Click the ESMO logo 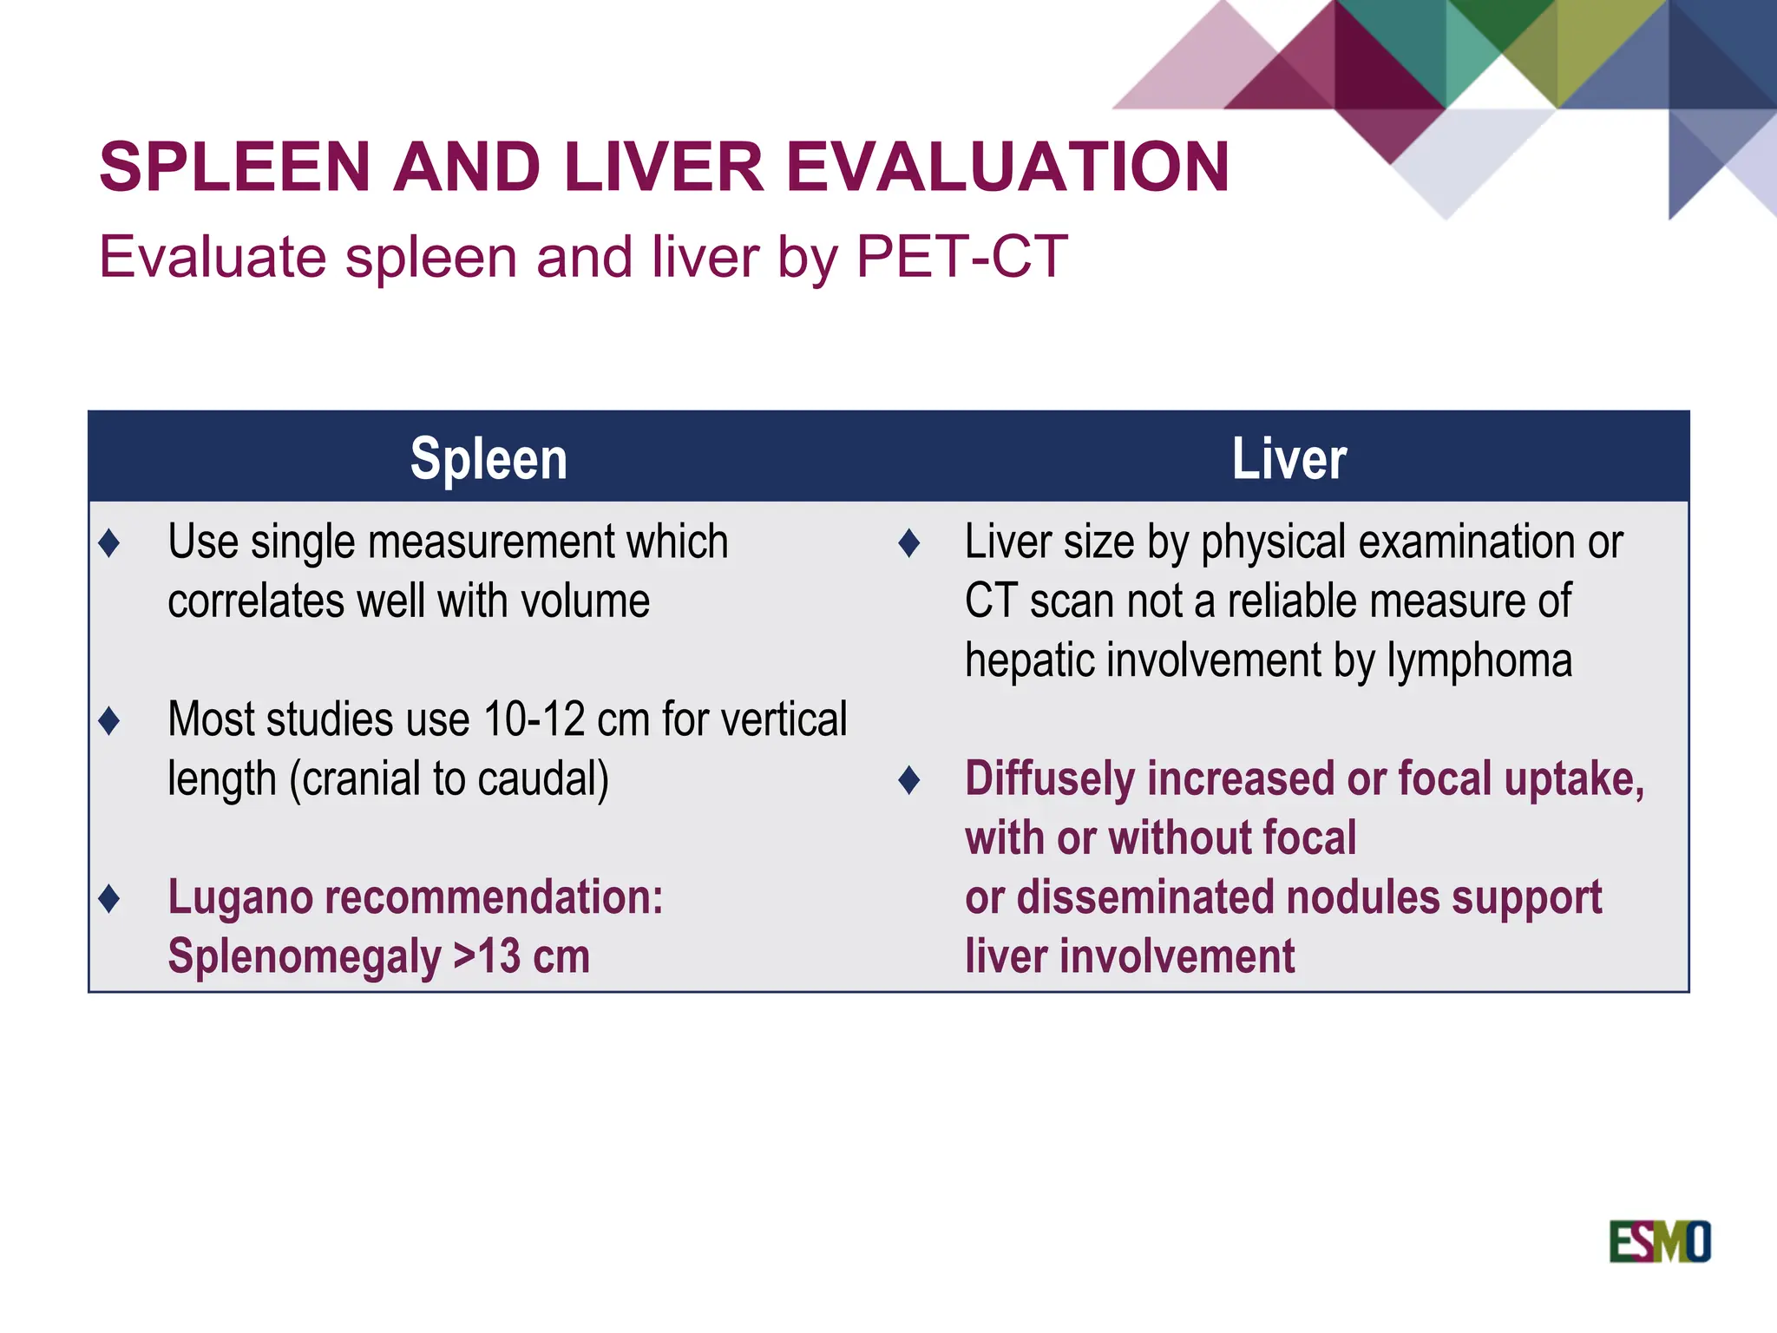1659,1241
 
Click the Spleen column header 489,458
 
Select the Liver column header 1289,458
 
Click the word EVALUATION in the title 1007,167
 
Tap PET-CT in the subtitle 961,257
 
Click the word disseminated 1143,897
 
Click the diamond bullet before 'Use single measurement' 109,543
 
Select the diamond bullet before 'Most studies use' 109,720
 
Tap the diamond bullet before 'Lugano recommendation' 109,898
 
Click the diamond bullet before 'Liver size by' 908,543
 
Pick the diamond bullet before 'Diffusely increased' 908,780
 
